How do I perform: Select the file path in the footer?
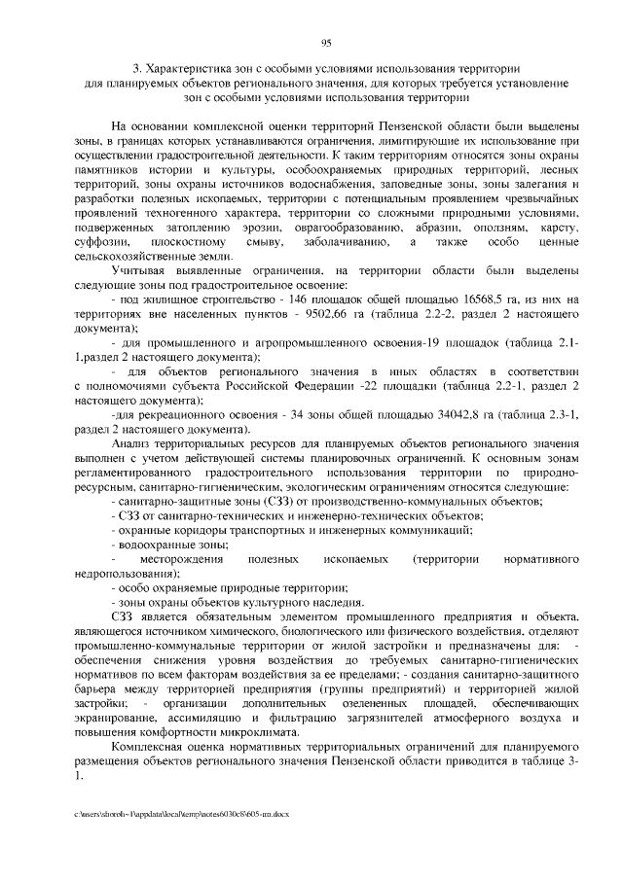[x=180, y=812]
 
